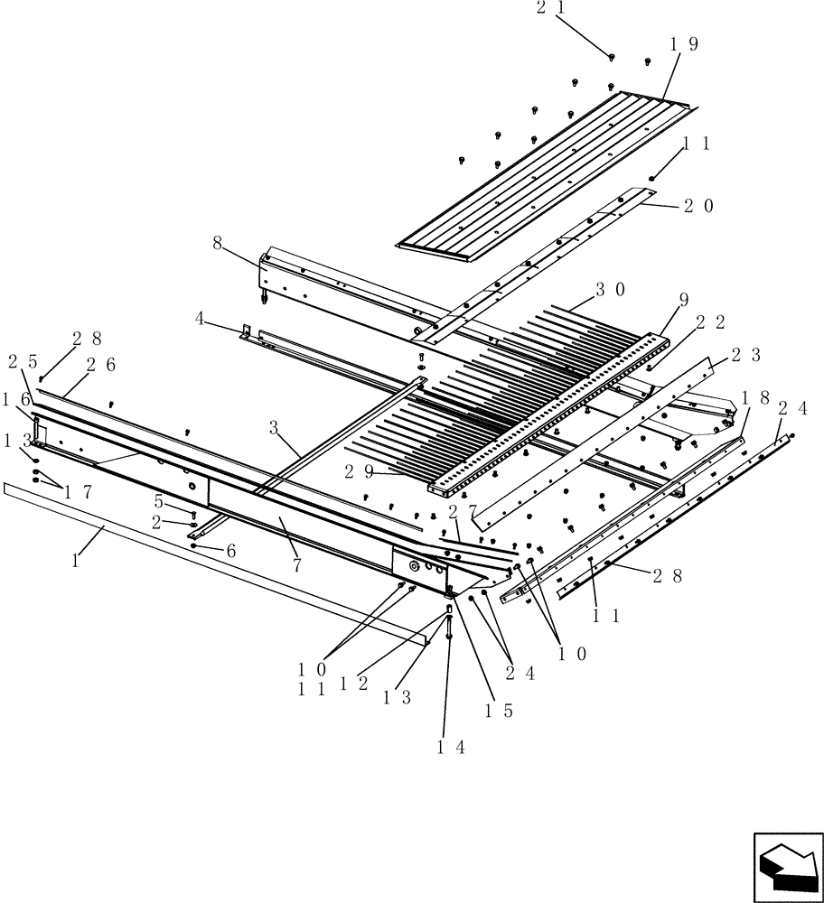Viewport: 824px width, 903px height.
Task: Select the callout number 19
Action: tap(684, 43)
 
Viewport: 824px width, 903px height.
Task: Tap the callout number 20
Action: tap(698, 206)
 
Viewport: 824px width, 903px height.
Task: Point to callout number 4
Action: tap(200, 318)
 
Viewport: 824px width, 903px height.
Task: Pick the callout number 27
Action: tap(461, 511)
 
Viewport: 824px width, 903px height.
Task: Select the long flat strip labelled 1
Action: tap(217, 564)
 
